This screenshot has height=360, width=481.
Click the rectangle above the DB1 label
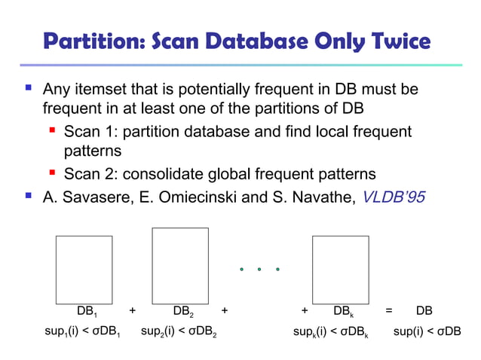click(x=84, y=267)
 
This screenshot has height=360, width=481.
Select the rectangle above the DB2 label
click(x=180, y=265)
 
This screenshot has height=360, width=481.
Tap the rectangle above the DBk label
click(x=340, y=267)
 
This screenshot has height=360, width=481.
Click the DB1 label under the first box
click(x=87, y=311)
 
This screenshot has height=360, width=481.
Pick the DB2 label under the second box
click(x=182, y=311)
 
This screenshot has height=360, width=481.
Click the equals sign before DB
click(x=389, y=310)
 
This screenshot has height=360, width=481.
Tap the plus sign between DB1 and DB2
click(x=133, y=310)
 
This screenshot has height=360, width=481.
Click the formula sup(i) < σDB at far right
click(x=427, y=331)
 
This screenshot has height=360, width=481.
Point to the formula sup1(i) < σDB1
click(x=83, y=331)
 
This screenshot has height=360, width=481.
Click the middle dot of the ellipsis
click(x=260, y=268)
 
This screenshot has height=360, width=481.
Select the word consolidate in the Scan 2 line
click(x=160, y=175)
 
